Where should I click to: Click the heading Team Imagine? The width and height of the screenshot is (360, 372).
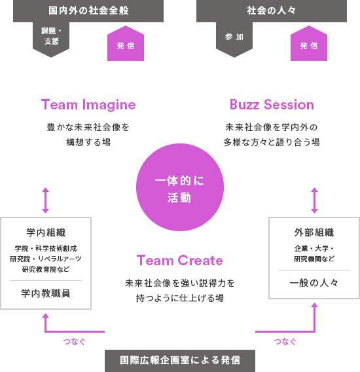88,105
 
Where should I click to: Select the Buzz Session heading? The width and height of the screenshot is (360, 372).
272,105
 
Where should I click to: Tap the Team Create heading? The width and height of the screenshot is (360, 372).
180,260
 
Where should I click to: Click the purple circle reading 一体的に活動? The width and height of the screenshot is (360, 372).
180,187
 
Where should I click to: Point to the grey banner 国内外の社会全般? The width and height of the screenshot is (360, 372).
88,11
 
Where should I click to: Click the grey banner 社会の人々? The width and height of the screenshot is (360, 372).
272,11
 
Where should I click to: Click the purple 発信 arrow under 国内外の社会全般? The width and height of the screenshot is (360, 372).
126,43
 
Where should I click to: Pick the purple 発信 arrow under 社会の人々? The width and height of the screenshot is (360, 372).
309,43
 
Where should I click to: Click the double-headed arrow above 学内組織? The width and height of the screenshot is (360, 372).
46,200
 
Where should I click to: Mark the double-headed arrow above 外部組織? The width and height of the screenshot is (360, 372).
314,200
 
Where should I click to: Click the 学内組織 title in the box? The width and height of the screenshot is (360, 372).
46,232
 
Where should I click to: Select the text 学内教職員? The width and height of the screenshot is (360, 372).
46,293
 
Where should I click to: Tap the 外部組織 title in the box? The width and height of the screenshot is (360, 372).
314,232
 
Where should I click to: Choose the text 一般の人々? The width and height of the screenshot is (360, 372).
314,283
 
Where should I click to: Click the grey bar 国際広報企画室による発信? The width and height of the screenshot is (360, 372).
180,361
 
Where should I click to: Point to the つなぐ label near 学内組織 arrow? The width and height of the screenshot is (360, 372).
74,342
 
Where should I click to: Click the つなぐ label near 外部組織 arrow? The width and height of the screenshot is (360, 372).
285,342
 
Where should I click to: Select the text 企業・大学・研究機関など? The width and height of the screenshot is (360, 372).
314,253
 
